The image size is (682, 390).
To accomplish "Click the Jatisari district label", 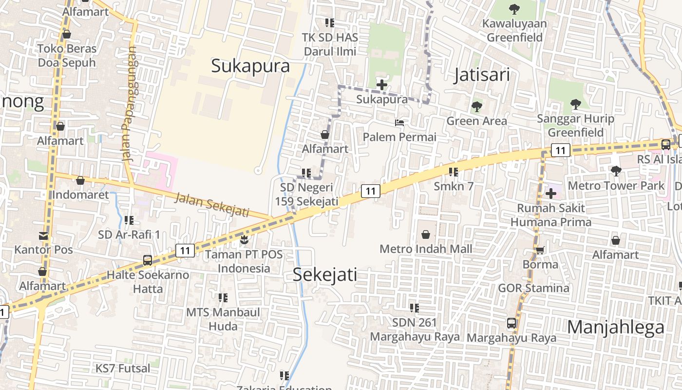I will [482, 75].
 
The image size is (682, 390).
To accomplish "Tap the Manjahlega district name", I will [616, 327].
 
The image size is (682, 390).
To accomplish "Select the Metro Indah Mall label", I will [426, 249].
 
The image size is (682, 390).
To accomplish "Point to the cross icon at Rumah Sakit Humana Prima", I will [550, 194].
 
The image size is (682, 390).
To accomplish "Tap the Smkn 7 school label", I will [454, 186].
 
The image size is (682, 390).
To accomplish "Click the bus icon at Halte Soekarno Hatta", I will [148, 260].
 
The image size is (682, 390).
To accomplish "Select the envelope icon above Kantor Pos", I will [43, 236].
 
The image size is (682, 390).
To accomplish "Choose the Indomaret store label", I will [80, 195].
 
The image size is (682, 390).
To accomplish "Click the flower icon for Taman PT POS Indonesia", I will [244, 240].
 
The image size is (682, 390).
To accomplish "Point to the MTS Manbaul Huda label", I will [223, 319].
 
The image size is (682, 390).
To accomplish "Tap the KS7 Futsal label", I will [123, 368].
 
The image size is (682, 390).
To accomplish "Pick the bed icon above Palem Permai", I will [399, 123].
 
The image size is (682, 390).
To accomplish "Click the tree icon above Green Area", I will [476, 106].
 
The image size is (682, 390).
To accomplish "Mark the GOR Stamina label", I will [533, 288].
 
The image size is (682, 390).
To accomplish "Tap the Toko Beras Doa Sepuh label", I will [67, 56].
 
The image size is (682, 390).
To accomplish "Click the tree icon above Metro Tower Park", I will [616, 171].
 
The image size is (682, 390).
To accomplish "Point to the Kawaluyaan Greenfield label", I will [514, 30].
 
